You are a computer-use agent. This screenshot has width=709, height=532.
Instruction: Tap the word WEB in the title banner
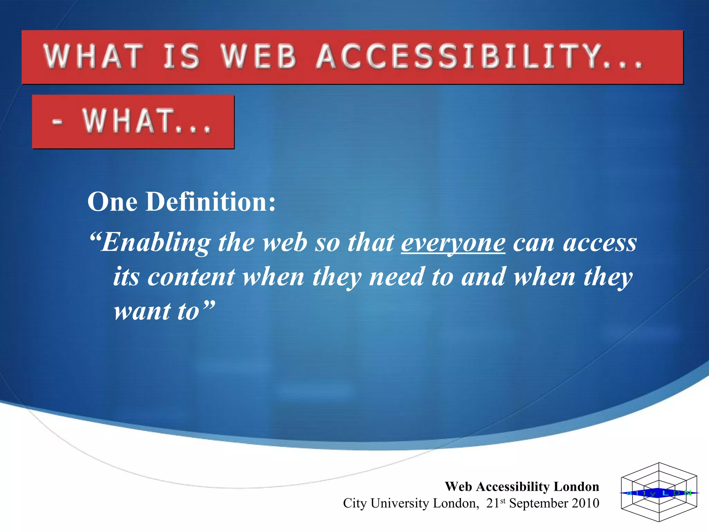point(259,56)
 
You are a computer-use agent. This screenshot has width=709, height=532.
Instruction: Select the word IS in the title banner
point(181,56)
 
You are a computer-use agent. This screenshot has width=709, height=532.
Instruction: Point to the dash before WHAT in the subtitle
point(57,122)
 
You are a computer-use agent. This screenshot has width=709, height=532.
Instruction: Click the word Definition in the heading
point(210,202)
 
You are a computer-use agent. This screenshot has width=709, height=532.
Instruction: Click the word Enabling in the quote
point(156,242)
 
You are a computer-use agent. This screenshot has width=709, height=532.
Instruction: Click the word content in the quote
point(191,277)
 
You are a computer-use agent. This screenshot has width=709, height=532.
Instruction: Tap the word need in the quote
point(397,277)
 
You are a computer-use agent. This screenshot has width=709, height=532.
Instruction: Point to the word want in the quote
point(142,311)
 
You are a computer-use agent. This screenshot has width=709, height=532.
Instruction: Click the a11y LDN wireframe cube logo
point(659,492)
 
